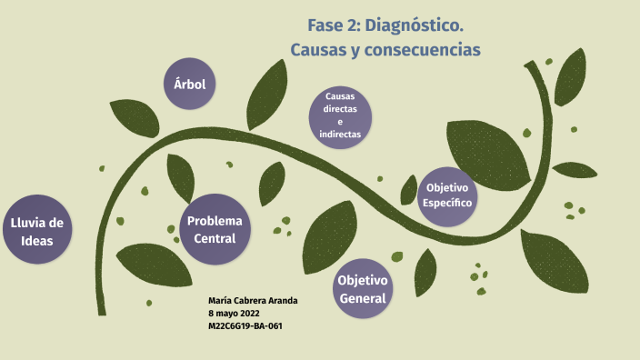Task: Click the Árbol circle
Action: point(190,85)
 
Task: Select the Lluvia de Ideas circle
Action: point(36,231)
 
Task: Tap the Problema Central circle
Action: point(215,229)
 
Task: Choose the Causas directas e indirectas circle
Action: point(340,115)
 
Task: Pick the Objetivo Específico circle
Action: point(447,195)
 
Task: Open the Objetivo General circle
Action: point(363,288)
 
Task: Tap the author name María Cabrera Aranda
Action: point(253,301)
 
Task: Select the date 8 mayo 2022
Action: point(234,313)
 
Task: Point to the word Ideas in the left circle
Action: point(37,241)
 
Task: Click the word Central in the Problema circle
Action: point(215,238)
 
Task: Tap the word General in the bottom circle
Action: point(363,298)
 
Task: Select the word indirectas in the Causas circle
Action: point(340,134)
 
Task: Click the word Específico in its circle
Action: point(447,203)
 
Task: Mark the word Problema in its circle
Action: point(215,221)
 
